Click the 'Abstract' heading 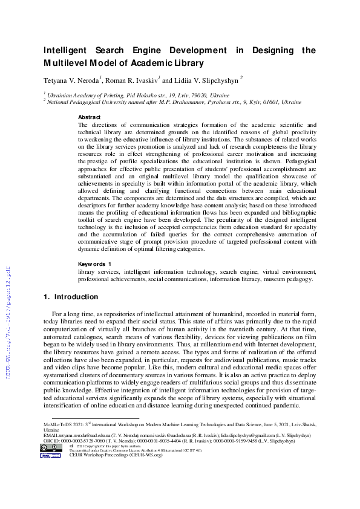[90, 117]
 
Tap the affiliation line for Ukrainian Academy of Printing [138, 96]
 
